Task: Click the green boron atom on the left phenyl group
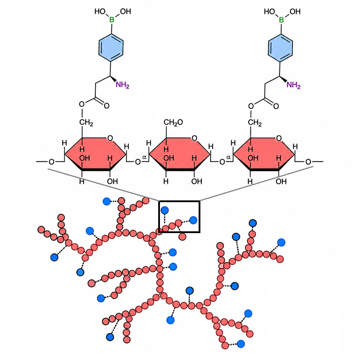click(x=112, y=20)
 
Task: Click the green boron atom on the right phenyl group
click(x=281, y=20)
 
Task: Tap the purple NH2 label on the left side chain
click(x=122, y=85)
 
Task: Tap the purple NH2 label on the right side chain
click(x=294, y=85)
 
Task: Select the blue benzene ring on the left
click(x=111, y=48)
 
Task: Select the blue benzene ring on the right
click(x=280, y=48)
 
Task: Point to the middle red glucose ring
click(x=180, y=154)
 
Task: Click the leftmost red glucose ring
click(x=95, y=154)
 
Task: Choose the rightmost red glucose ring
click(x=264, y=154)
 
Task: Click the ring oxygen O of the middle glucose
click(x=194, y=138)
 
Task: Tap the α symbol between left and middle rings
click(x=144, y=157)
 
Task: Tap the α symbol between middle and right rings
click(x=229, y=157)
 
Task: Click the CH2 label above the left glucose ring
click(x=86, y=123)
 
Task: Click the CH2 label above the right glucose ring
click(x=255, y=123)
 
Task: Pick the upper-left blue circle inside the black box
click(x=165, y=210)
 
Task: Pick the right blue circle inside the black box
click(x=193, y=220)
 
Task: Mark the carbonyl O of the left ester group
click(x=107, y=106)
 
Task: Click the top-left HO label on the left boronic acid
click(x=100, y=11)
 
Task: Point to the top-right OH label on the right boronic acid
click(x=295, y=12)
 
